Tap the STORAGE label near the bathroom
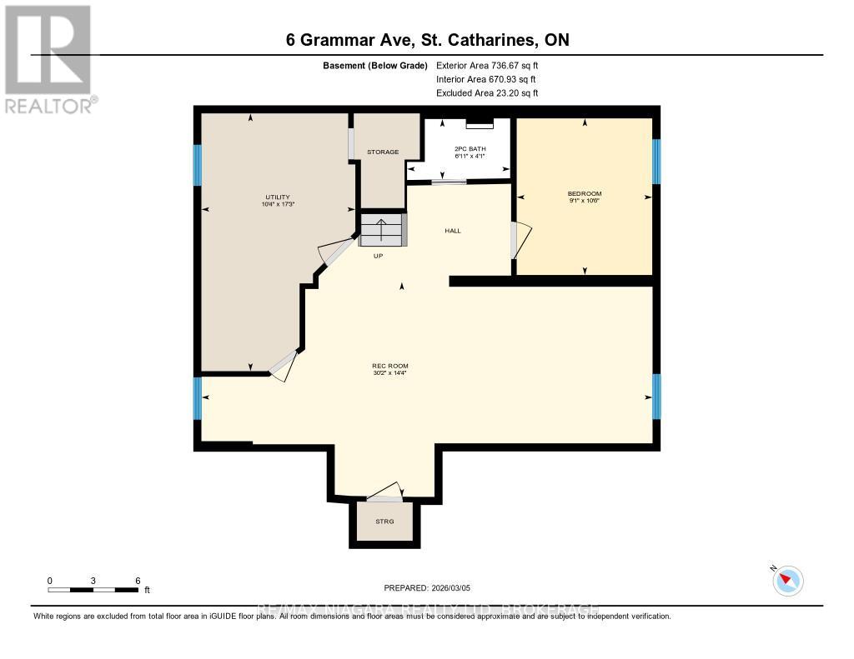click(383, 152)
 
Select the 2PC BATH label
click(470, 148)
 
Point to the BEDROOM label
click(584, 193)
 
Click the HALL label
click(452, 231)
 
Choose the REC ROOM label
click(389, 366)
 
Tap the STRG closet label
click(384, 522)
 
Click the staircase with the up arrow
click(383, 230)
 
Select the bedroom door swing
click(519, 239)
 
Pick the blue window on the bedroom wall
click(656, 161)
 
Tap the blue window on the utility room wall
click(198, 165)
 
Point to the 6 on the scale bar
click(138, 580)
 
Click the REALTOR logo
click(49, 59)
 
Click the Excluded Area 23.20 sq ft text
click(487, 93)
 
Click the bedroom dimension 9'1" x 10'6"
click(584, 201)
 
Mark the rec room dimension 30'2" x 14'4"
click(389, 373)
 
